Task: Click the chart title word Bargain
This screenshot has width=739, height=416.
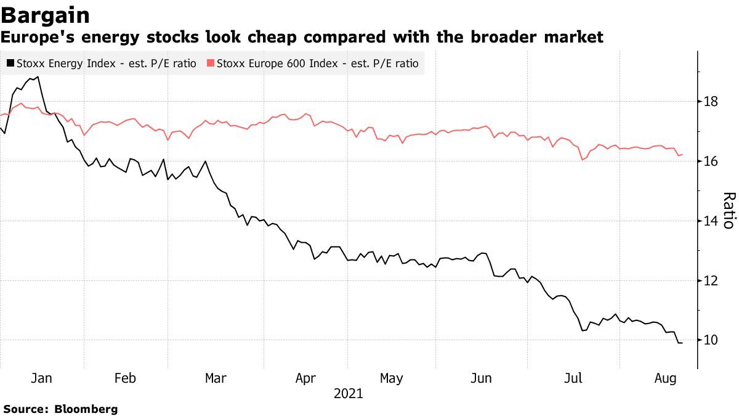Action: [x=46, y=15]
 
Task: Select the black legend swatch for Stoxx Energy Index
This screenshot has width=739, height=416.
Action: [x=10, y=63]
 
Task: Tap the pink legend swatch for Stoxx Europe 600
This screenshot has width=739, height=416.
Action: [x=211, y=63]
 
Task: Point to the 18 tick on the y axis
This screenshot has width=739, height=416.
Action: [x=711, y=102]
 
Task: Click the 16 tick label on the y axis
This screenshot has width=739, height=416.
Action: [x=711, y=161]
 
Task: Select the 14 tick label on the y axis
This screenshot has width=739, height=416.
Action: [x=711, y=221]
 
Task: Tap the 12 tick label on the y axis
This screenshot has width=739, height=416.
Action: [x=711, y=281]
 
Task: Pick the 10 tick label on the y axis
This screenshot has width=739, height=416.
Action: [x=711, y=341]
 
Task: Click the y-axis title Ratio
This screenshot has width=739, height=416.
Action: [x=728, y=210]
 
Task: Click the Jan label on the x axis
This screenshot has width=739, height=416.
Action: [x=41, y=378]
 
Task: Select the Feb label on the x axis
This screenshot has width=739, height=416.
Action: [x=125, y=378]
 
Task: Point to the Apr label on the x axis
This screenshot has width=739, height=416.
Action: [x=306, y=378]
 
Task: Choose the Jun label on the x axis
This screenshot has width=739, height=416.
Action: [x=481, y=378]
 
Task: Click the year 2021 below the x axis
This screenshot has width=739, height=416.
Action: [x=349, y=394]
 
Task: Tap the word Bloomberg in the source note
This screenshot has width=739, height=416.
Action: [x=86, y=409]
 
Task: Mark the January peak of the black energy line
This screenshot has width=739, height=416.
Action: [x=38, y=77]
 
